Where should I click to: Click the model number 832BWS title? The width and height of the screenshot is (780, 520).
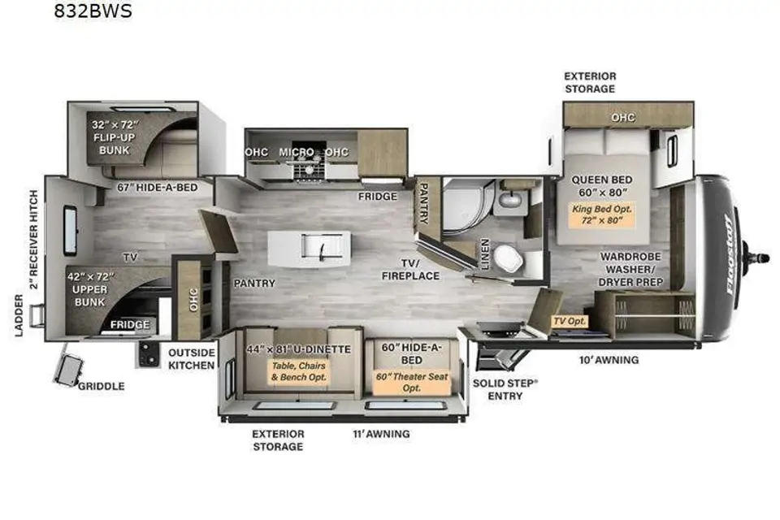(x=93, y=11)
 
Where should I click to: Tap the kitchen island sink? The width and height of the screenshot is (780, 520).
(x=322, y=247)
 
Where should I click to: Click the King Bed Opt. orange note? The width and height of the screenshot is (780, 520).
(x=602, y=214)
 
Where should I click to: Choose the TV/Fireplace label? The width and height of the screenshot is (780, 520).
(x=411, y=269)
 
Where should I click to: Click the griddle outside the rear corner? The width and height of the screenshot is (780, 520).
(x=69, y=370)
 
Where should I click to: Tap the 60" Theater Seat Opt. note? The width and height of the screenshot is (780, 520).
(x=412, y=382)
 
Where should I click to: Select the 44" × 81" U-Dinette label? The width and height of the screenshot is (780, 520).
(x=299, y=349)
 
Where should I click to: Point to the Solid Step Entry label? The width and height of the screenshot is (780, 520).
(x=505, y=390)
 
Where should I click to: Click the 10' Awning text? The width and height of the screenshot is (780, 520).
(x=609, y=360)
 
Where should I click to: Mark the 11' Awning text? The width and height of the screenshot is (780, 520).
(x=382, y=434)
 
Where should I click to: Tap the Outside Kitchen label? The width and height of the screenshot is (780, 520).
(x=192, y=359)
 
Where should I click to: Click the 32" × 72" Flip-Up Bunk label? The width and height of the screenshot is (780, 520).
(x=115, y=137)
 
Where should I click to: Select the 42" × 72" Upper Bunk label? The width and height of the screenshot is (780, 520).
(x=90, y=289)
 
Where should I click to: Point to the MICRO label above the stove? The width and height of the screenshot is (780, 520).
(x=297, y=152)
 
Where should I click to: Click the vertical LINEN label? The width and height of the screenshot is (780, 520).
(x=485, y=253)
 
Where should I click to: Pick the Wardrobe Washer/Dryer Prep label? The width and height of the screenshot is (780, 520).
(x=630, y=269)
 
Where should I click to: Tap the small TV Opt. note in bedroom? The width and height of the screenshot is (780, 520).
(x=570, y=321)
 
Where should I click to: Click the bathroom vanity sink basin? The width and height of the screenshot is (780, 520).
(x=509, y=200)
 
